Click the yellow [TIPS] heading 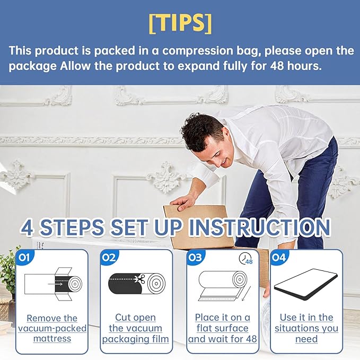(x=180, y=23)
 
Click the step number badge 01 (x=24, y=257)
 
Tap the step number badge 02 (x=109, y=257)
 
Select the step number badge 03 (x=195, y=257)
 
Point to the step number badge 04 (x=279, y=257)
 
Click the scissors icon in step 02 (x=139, y=279)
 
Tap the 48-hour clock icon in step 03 (x=245, y=259)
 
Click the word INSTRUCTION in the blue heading (x=260, y=227)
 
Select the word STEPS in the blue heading (x=72, y=227)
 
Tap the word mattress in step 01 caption (x=52, y=339)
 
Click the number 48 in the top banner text (x=277, y=66)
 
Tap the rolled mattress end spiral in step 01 (x=75, y=284)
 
